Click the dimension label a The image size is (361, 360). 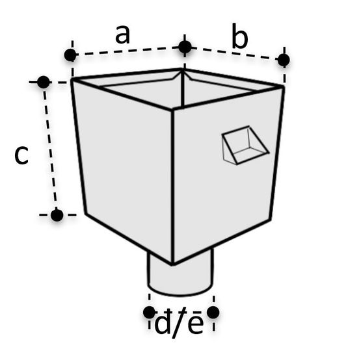[x=123, y=34]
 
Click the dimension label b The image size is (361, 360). [x=239, y=36]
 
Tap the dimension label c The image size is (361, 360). [x=21, y=155]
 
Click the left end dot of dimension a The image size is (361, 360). [x=70, y=55]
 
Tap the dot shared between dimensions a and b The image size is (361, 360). [x=185, y=47]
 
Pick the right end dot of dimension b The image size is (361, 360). [x=284, y=60]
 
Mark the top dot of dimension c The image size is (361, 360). [x=44, y=82]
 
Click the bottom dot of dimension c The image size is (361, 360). [x=57, y=215]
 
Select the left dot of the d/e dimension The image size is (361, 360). [x=150, y=313]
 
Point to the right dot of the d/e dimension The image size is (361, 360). [x=213, y=313]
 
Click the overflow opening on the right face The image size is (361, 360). [x=245, y=145]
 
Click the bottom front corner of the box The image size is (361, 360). [x=172, y=264]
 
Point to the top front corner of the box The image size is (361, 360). [x=172, y=110]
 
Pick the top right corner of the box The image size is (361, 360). [x=283, y=86]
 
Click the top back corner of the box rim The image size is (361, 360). [x=182, y=69]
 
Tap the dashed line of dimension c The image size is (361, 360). [x=50, y=148]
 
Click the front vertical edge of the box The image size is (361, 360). [x=172, y=186]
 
